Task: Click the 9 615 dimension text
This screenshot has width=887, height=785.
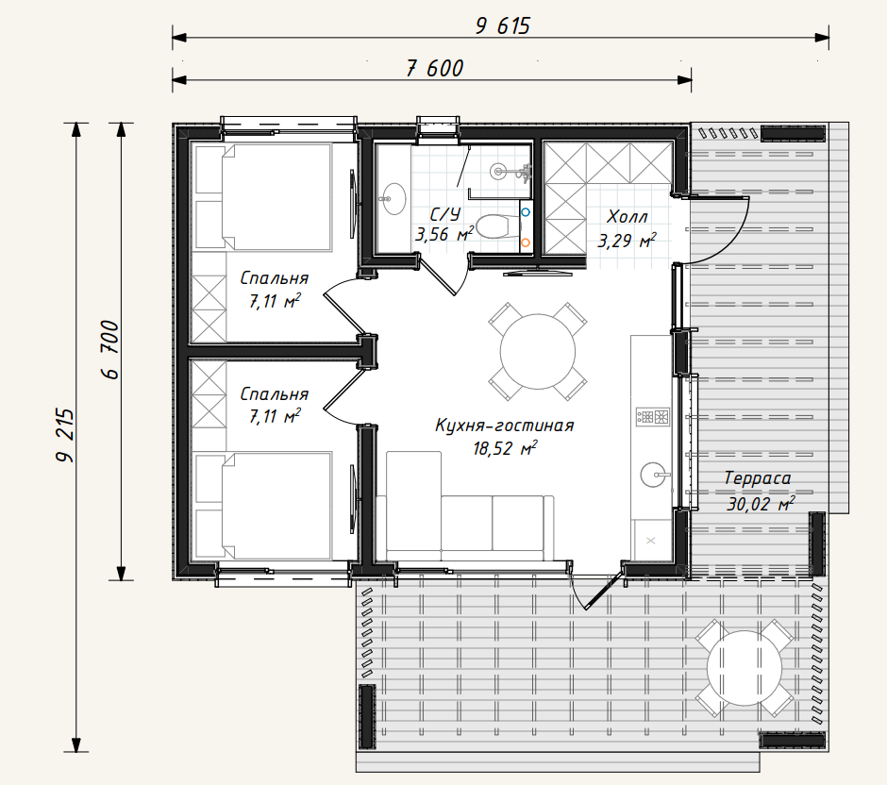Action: [503, 26]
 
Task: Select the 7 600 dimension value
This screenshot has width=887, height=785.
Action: [435, 69]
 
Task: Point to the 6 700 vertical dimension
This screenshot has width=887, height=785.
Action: [110, 349]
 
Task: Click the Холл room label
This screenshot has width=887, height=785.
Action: [627, 217]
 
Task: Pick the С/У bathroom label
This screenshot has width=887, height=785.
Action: [445, 214]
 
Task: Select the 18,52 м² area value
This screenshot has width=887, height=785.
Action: [505, 448]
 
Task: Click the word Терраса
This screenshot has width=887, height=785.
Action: [758, 478]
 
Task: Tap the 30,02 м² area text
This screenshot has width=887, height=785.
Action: [761, 503]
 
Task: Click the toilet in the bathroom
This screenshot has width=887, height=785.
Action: [498, 226]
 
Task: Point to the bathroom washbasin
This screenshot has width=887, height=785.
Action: [393, 198]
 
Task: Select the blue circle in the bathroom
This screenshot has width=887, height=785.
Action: [526, 212]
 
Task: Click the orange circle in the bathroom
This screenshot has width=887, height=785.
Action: [526, 242]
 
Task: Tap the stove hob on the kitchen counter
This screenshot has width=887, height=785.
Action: [653, 417]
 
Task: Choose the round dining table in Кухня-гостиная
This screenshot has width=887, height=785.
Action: [538, 351]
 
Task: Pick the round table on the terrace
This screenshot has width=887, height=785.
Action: [744, 668]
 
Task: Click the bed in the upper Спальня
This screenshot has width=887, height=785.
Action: [263, 197]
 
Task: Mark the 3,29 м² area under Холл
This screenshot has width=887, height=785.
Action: [627, 241]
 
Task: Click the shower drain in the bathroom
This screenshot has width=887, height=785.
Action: [498, 170]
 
